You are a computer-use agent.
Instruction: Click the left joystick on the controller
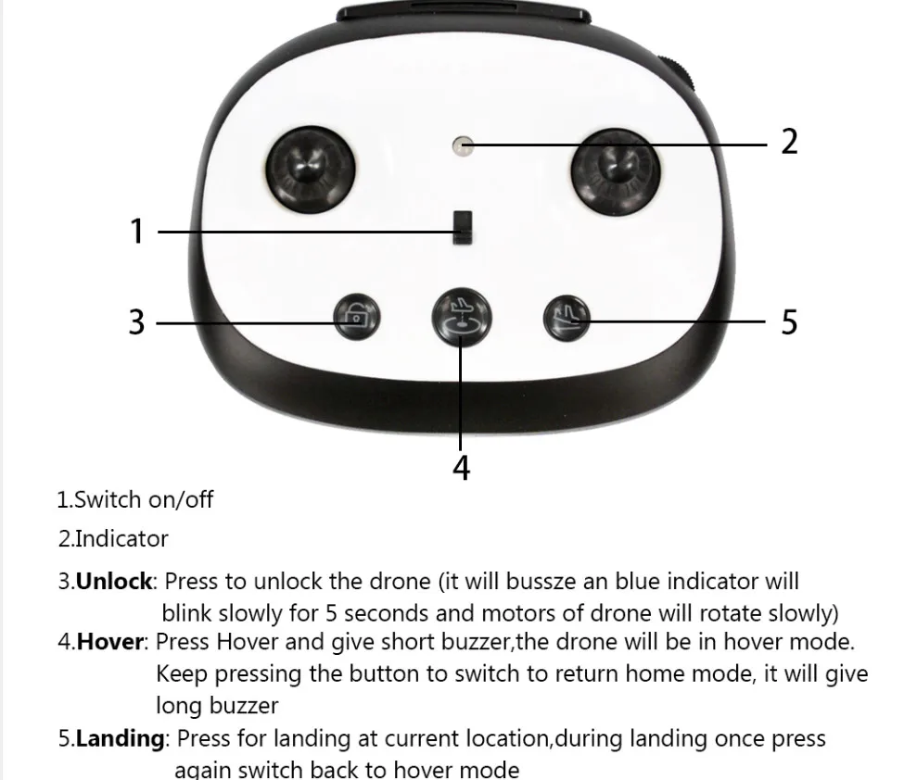[x=310, y=170]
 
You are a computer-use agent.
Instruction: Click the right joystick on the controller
[x=616, y=171]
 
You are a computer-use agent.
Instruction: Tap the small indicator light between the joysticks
[x=463, y=145]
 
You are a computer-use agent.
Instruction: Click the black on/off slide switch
[x=463, y=228]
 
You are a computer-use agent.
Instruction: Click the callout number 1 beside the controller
[x=137, y=231]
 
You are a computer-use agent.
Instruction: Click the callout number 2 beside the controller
[x=789, y=142]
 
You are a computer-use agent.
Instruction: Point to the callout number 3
[x=136, y=322]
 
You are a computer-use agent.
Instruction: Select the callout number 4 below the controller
[x=462, y=468]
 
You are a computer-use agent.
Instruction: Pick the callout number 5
[x=789, y=322]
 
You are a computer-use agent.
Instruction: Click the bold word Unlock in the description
[x=114, y=582]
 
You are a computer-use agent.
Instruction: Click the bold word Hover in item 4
[x=110, y=642]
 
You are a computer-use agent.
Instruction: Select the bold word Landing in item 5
[x=121, y=739]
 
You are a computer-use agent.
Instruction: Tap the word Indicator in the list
[x=121, y=539]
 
